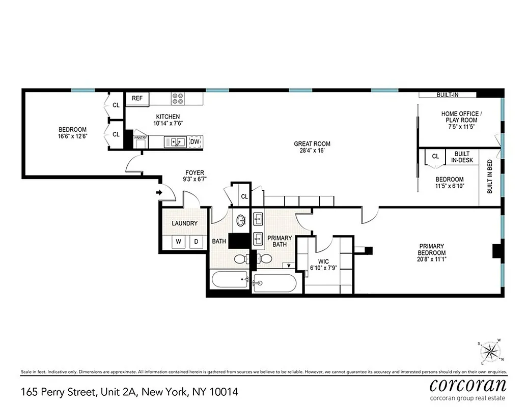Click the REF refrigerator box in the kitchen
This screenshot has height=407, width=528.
[137, 98]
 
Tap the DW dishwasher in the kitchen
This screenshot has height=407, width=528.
[195, 142]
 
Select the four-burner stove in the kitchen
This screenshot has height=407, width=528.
[178, 98]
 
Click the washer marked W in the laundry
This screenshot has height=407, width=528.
[179, 242]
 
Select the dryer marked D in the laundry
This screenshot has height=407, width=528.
[195, 242]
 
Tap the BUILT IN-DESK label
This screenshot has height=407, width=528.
[462, 157]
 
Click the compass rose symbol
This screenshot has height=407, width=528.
[490, 351]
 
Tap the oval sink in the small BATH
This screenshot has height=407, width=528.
[241, 220]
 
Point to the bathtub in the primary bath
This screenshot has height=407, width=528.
[274, 283]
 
